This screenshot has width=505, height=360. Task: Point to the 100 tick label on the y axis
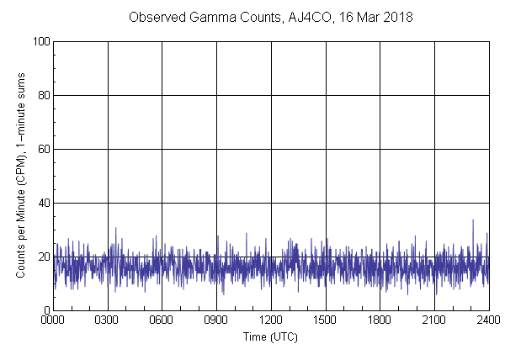click(40, 41)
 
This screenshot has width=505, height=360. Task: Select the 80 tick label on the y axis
click(43, 95)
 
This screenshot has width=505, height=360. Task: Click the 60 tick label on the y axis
click(43, 149)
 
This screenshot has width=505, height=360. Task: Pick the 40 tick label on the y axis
click(43, 203)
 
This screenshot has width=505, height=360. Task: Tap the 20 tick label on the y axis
click(43, 257)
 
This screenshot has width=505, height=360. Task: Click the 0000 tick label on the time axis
click(53, 320)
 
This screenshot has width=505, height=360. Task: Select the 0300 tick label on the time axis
click(108, 320)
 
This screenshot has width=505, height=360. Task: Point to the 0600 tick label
click(162, 320)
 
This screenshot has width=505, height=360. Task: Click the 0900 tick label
click(216, 320)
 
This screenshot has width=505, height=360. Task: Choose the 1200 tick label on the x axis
click(271, 320)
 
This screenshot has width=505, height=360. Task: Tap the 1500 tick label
click(325, 320)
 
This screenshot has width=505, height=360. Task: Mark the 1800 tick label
click(380, 320)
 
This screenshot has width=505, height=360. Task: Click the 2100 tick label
click(434, 320)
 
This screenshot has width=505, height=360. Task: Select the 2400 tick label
click(488, 320)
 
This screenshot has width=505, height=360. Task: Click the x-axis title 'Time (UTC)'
click(270, 336)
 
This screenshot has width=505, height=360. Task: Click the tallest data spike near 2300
click(473, 220)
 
